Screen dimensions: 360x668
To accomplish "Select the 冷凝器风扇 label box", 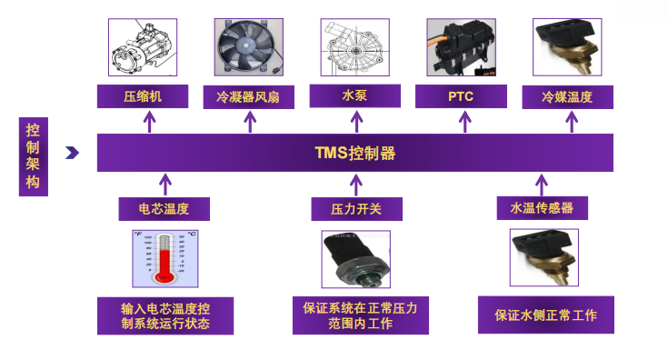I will point(248,95).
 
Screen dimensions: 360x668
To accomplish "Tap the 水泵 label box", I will point(354,95).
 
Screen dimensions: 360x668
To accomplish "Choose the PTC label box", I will point(460,95).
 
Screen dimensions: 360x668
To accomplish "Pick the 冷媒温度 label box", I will point(567,96).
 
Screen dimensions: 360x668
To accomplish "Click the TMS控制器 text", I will point(354,152).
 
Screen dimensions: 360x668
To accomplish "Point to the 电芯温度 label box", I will point(165,209).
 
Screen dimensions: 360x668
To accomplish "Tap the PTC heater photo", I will point(461,47).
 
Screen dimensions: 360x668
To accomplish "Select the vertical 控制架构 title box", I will point(33,156).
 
